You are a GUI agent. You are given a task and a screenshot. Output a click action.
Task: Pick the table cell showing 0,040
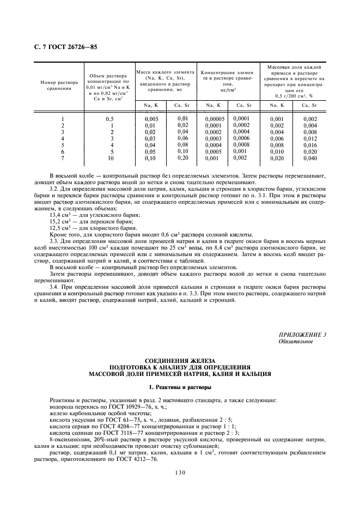[309, 158]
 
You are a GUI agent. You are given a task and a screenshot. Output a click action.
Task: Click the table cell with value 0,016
[309, 145]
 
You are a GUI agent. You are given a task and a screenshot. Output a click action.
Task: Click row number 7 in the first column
[63, 158]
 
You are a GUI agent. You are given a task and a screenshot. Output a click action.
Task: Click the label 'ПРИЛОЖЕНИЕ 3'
[302, 335]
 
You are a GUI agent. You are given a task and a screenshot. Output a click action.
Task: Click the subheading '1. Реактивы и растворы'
[180, 387]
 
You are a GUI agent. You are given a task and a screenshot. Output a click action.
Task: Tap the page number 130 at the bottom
[180, 473]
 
